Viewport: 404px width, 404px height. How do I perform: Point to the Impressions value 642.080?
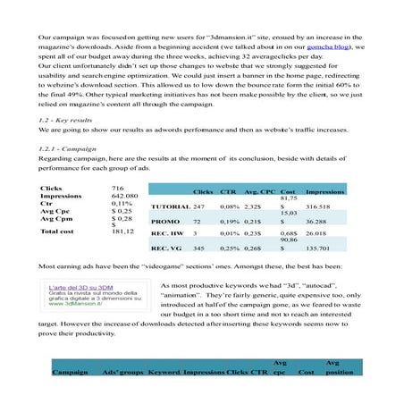pyautogui.click(x=124, y=195)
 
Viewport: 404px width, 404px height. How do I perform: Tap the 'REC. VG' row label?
pyautogui.click(x=167, y=248)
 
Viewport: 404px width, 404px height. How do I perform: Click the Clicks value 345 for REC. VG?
pyautogui.click(x=200, y=248)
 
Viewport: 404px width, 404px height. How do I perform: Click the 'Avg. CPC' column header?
pyautogui.click(x=258, y=191)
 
